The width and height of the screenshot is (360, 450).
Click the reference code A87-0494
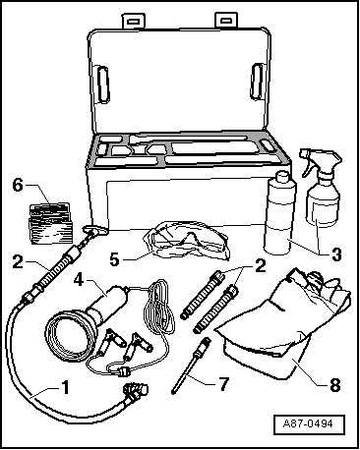[308, 423]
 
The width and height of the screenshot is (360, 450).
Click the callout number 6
[18, 186]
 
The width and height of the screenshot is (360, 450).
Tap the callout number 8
[334, 385]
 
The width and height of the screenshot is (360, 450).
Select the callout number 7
[223, 384]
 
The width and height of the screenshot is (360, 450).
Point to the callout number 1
[66, 387]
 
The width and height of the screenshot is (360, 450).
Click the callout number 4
[79, 280]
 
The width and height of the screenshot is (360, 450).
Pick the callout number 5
[114, 259]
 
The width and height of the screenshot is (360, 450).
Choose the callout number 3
[336, 254]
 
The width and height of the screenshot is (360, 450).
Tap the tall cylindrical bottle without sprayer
[279, 213]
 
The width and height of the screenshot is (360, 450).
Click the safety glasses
[187, 242]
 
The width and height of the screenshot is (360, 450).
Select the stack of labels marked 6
[50, 223]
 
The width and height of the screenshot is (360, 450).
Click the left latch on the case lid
[134, 22]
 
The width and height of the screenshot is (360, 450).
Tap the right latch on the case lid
[225, 21]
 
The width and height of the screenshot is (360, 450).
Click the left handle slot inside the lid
[102, 84]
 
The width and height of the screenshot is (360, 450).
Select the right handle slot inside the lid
[257, 82]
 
